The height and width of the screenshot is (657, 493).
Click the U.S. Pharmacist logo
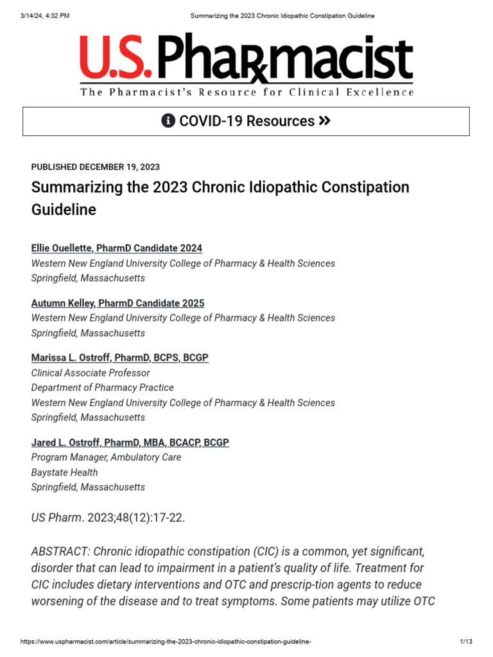[x=246, y=59]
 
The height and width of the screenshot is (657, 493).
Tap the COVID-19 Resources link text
[x=246, y=121]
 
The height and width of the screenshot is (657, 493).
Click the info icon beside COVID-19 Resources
[x=168, y=121]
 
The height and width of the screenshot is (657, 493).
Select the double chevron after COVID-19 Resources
[x=324, y=121]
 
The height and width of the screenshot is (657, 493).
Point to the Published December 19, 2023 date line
[x=96, y=167]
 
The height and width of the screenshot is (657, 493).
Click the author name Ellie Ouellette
[x=116, y=248]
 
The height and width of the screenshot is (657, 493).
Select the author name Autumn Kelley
[x=117, y=303]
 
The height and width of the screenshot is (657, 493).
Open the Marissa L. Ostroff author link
[x=119, y=358]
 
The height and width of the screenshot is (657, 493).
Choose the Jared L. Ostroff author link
[x=130, y=443]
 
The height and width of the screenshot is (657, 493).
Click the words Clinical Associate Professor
[x=91, y=373]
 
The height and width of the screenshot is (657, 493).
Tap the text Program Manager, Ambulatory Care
[x=106, y=457]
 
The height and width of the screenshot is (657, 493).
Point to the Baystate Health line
[x=65, y=473]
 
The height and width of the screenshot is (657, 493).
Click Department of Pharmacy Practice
[x=102, y=388]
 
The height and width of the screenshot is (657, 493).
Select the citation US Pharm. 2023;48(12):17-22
[x=108, y=518]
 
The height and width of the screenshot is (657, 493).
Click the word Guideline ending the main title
[x=64, y=210]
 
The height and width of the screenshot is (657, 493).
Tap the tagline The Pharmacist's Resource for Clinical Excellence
[x=247, y=92]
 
